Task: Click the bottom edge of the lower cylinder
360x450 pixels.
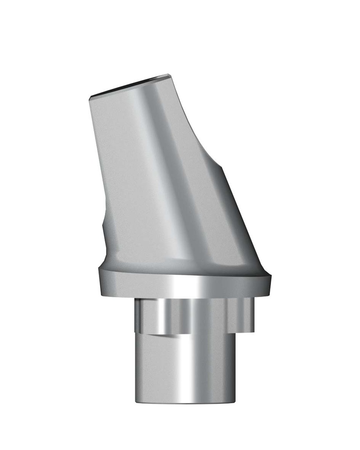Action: point(185,402)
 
